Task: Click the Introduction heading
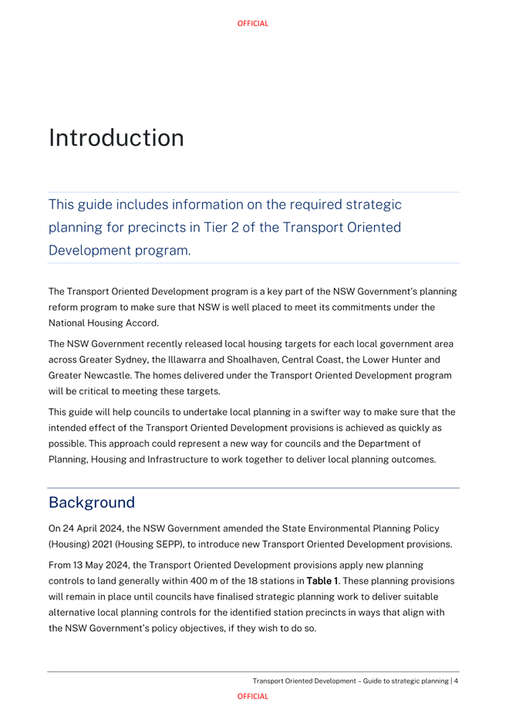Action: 116,138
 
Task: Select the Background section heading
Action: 92,502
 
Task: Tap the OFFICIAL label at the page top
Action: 253,24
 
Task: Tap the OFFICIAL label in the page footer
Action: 253,696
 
